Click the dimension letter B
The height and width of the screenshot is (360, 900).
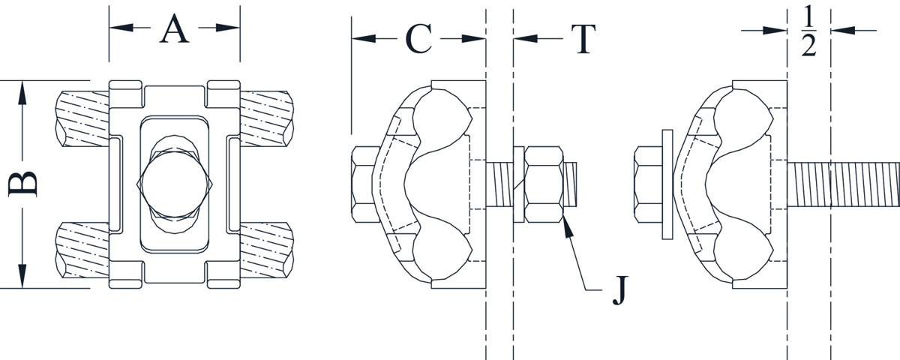(22, 184)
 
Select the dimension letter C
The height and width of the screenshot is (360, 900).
(418, 39)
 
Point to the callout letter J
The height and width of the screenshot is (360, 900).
(618, 291)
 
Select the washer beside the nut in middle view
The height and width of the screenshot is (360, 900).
(518, 184)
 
